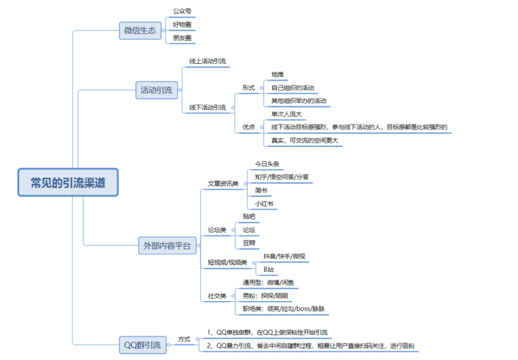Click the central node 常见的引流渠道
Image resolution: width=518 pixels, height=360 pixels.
click(68, 182)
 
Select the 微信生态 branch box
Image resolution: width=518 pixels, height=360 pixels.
click(140, 31)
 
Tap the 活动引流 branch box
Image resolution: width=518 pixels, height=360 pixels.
click(156, 90)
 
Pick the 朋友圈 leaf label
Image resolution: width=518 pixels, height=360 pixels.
click(182, 38)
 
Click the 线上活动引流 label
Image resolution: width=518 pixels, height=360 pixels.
click(207, 61)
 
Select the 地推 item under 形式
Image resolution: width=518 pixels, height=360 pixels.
click(278, 75)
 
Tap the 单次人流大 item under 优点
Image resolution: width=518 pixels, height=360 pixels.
click(286, 114)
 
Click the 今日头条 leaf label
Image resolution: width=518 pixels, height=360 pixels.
click(267, 164)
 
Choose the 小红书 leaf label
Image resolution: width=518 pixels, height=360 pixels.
click(265, 204)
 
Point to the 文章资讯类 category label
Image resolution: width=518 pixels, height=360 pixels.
click(223, 183)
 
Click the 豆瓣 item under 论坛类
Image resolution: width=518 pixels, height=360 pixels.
click(249, 242)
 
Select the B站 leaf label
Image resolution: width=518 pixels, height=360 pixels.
click(268, 269)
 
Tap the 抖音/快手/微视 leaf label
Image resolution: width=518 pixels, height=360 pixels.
click(284, 256)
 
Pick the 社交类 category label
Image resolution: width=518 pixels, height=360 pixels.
click(217, 296)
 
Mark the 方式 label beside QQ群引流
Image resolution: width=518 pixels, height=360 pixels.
click(184, 339)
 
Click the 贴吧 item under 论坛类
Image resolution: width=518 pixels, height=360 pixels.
click(249, 216)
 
